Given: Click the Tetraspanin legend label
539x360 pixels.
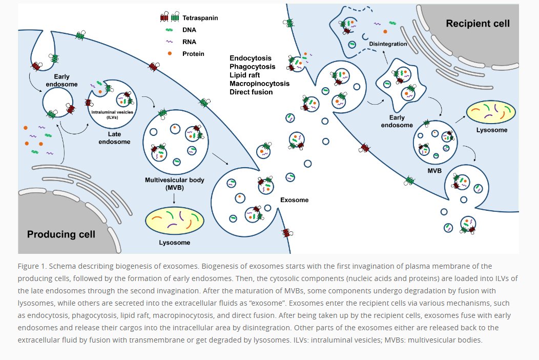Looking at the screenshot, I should [201, 17].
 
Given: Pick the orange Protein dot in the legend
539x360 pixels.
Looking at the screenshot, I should [169, 53].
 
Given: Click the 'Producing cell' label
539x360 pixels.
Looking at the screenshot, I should [61, 234].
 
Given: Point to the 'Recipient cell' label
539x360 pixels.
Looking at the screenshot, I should [478, 23].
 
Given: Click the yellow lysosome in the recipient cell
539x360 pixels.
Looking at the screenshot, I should [491, 112].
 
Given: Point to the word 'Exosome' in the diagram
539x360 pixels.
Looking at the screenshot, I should [295, 199].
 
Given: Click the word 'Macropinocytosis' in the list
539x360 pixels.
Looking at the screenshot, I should [259, 84].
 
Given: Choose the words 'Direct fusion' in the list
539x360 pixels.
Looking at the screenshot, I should [251, 92].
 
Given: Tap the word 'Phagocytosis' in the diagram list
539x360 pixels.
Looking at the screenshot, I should [252, 67].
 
